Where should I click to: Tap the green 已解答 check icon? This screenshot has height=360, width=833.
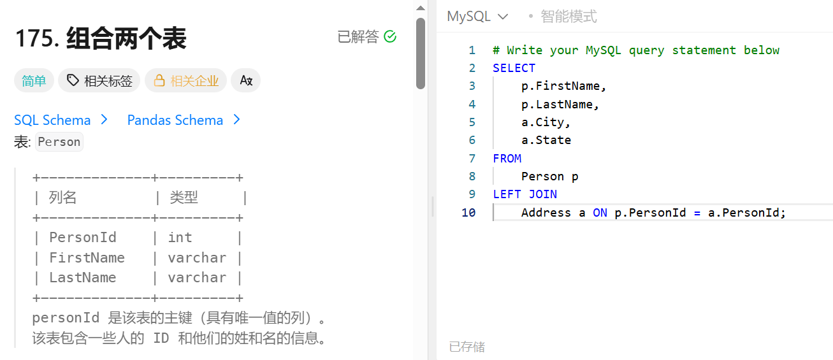coord(390,37)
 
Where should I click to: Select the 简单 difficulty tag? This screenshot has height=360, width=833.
coord(34,81)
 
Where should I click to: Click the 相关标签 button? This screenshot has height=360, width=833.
coord(100,81)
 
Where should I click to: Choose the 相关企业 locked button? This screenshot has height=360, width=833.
coord(185,81)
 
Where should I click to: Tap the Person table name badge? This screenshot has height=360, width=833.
coord(59,142)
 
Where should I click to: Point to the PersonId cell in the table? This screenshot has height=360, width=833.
coord(83,238)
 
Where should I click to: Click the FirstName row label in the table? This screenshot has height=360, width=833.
coord(87,258)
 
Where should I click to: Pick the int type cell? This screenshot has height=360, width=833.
coord(180,238)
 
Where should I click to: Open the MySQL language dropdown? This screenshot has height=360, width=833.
coord(477,17)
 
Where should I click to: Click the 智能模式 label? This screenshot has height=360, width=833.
coord(569,17)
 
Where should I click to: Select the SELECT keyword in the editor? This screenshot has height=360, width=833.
coord(514,68)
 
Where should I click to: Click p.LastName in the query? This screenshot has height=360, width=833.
coord(560,104)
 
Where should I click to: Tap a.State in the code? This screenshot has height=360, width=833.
coord(546,140)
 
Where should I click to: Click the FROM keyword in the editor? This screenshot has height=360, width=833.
coord(507,158)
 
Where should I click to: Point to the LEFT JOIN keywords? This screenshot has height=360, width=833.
coord(525,194)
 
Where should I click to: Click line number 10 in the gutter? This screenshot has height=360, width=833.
coord(468,212)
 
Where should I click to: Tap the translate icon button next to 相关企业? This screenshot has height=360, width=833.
coord(246,81)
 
